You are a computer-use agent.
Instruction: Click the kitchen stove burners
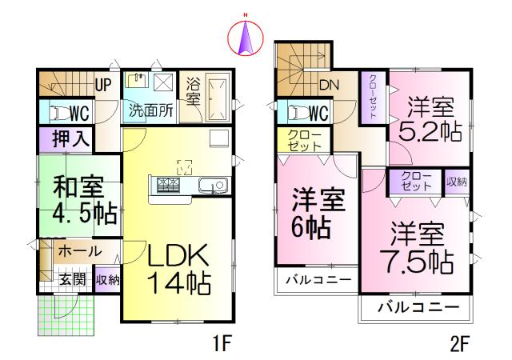click(170, 186)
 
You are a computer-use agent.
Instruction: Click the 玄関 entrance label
click(72, 279)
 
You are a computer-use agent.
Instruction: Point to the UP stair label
click(103, 82)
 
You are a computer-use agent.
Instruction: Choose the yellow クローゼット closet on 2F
click(302, 141)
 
